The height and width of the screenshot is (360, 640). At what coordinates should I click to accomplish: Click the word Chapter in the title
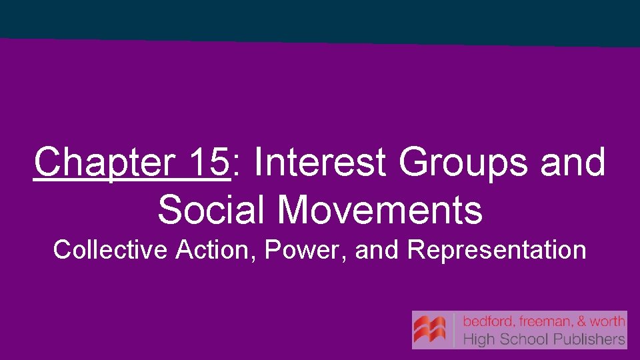point(101,163)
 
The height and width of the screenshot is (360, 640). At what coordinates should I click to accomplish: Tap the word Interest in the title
point(319,162)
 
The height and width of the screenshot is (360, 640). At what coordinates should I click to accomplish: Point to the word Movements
point(379,209)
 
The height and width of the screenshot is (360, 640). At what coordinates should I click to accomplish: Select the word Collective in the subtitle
point(109,250)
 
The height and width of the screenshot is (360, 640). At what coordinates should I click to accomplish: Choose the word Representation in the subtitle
point(497,250)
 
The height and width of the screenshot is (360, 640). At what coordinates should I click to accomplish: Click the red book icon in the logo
point(430,330)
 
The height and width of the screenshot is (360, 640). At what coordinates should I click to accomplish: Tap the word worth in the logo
point(607,321)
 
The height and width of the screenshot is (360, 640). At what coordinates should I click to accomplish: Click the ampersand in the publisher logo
point(582,321)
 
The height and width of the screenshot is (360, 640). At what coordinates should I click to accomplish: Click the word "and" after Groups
point(573,162)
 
